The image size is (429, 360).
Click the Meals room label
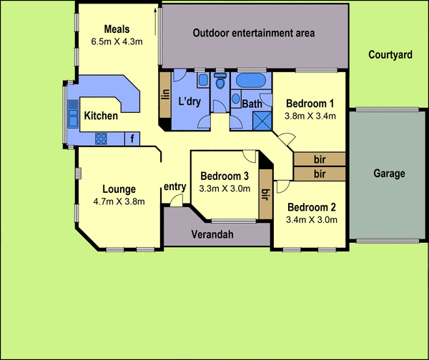pyautogui.click(x=117, y=29)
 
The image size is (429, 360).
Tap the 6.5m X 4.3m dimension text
pyautogui.click(x=117, y=41)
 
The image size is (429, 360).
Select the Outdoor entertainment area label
pyautogui.click(x=254, y=33)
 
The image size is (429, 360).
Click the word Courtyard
pyautogui.click(x=390, y=55)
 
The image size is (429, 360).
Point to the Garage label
pyautogui.click(x=389, y=174)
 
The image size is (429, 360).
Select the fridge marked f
pyautogui.click(x=132, y=139)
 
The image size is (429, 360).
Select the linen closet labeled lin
pyautogui.click(x=164, y=94)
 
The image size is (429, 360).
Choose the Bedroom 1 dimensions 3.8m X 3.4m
pyautogui.click(x=310, y=115)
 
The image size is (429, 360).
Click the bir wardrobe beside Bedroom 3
pyautogui.click(x=265, y=194)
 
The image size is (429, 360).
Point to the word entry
pyautogui.click(x=175, y=187)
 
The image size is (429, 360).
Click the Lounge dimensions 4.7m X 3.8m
pyautogui.click(x=119, y=201)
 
